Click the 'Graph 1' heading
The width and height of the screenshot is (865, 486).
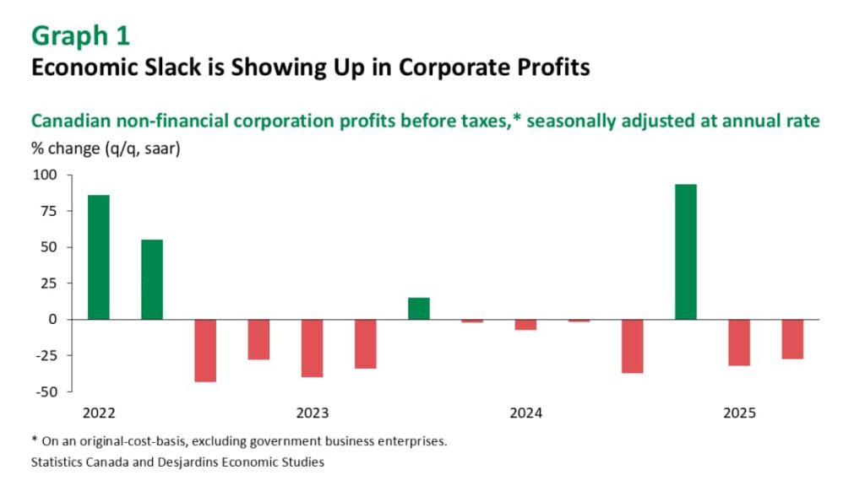point(80,35)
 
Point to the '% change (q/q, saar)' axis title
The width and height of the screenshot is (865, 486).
point(106,149)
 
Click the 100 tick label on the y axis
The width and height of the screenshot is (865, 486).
point(44,175)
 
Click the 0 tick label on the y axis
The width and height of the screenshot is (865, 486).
point(52,320)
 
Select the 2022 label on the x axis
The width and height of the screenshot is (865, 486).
point(99,413)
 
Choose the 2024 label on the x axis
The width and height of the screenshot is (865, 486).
point(525,413)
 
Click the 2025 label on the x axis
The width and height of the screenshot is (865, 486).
point(739,413)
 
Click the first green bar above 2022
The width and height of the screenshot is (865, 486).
point(99,257)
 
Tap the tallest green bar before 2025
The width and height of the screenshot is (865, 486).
point(686,251)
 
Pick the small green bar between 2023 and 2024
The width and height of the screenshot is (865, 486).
point(419,309)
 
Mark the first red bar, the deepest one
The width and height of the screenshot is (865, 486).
point(205,350)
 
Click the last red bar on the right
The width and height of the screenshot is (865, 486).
point(792,339)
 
